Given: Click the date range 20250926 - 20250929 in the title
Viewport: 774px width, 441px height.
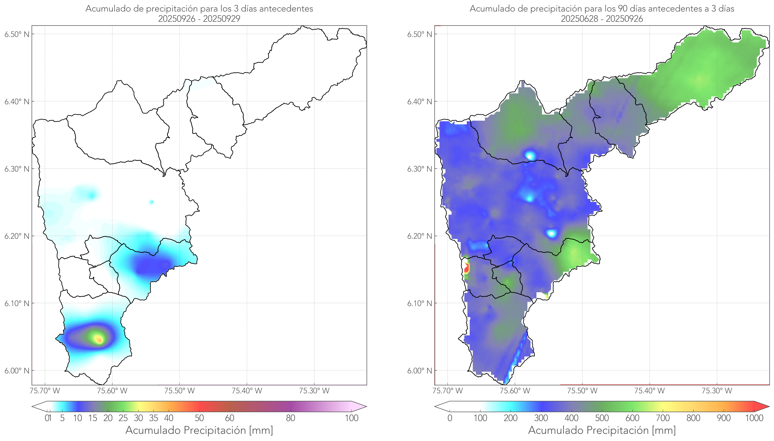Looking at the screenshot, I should pyautogui.click(x=199, y=19).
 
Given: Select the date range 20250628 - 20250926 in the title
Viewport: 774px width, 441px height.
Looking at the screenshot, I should pyautogui.click(x=602, y=19).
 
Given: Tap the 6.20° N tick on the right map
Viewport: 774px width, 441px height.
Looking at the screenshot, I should pyautogui.click(x=420, y=236).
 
